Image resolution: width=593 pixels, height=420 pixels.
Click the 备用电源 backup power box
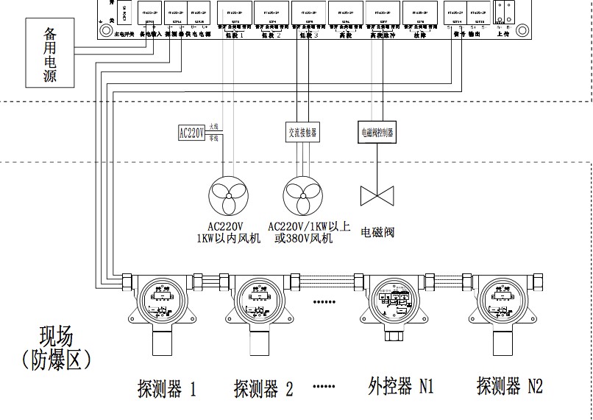point(50,55)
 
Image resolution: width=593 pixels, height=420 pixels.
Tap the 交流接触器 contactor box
point(302,133)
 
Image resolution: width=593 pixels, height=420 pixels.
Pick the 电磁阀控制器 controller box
point(377,133)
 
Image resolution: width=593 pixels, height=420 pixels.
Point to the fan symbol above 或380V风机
point(304,197)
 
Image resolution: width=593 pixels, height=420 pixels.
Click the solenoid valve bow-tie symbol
point(377,195)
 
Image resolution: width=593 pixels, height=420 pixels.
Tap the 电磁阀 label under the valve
point(377,233)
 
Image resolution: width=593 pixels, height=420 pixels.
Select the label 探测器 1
point(167,388)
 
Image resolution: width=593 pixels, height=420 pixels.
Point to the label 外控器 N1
point(400,386)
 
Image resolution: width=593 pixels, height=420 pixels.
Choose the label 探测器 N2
point(509,385)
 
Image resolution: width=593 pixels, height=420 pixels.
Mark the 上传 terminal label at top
point(505,33)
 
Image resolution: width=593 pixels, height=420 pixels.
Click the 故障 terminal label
point(420,34)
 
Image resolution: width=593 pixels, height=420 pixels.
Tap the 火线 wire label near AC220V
point(214,127)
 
